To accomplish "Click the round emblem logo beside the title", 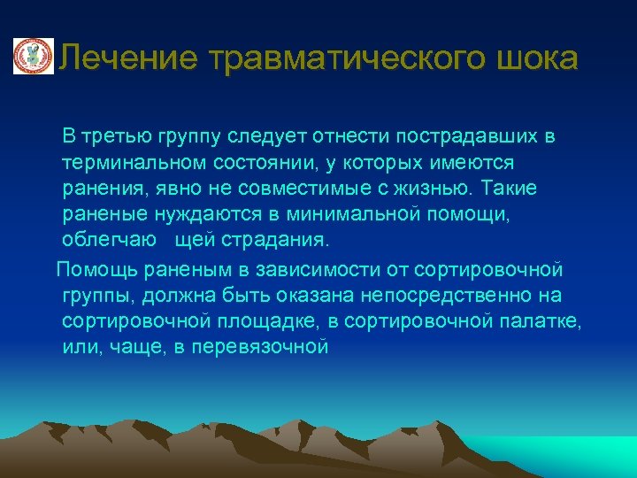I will [x=32, y=57].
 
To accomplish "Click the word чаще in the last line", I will [x=135, y=346].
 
